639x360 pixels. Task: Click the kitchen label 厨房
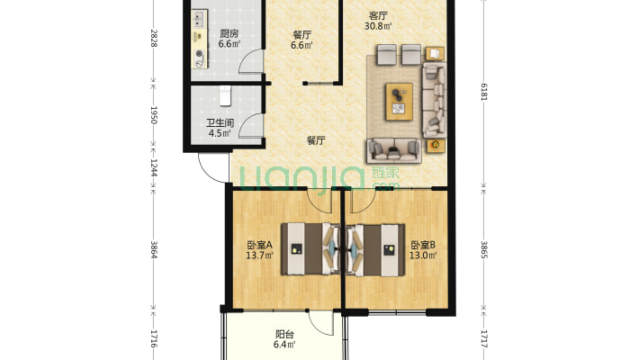(229, 33)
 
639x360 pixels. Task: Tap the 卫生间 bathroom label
(220, 122)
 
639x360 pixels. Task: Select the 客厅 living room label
(378, 16)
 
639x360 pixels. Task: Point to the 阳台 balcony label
(284, 334)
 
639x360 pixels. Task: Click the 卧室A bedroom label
(259, 245)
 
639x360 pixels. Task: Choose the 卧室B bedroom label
(423, 245)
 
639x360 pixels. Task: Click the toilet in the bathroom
(225, 95)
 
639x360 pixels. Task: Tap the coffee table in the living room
(400, 102)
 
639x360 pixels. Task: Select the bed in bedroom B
(375, 248)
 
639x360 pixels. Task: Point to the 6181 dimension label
(483, 91)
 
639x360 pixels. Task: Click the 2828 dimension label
(154, 38)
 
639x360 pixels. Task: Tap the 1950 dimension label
(154, 115)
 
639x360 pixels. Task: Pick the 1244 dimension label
(154, 167)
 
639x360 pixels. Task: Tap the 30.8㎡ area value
(378, 26)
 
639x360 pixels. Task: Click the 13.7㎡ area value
(259, 256)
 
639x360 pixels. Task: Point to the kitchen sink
(199, 17)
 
